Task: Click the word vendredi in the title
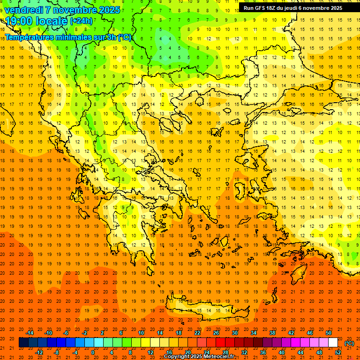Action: point(24,10)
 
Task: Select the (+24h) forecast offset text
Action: point(82,21)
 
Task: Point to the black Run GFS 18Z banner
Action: point(293,8)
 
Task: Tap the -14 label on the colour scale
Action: point(30,333)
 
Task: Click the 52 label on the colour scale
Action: point(338,352)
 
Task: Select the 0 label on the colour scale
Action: point(93,352)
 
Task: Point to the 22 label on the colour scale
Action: point(197,333)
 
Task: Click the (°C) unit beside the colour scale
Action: point(349,343)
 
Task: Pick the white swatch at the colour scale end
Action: point(333,343)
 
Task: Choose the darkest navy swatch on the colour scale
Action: point(23,343)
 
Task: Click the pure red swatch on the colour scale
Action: point(220,343)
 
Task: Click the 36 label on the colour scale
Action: point(263,352)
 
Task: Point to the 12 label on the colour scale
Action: point(150,352)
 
